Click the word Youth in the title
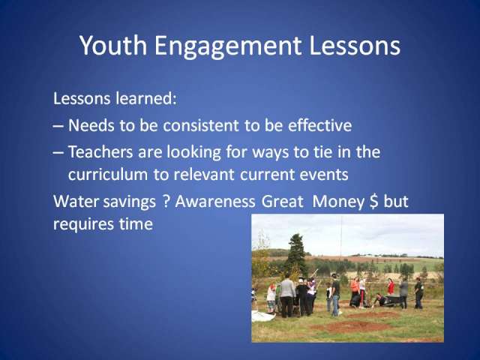113,46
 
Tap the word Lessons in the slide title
355,46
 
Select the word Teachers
100,151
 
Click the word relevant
204,175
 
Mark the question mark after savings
166,202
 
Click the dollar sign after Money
373,202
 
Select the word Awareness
215,202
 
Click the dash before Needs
58,126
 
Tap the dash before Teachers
58,152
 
